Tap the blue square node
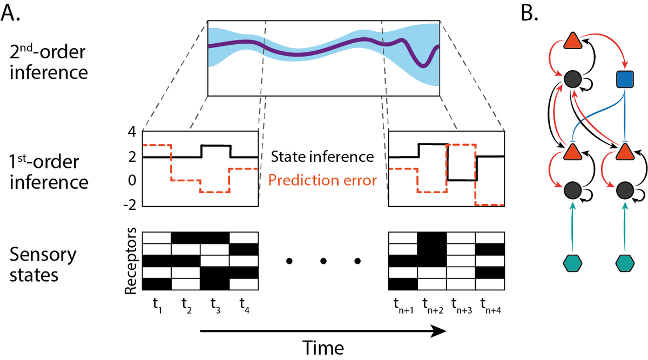point(625,80)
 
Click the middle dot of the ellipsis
point(323,262)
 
